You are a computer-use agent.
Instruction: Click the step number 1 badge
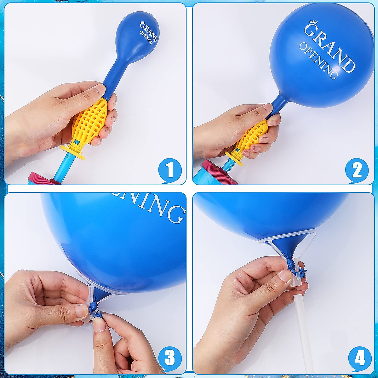pos(170,170)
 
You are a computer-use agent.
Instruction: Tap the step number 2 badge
pos(357,170)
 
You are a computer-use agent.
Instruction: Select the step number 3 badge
pos(170,358)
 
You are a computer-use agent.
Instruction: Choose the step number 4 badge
pos(360,358)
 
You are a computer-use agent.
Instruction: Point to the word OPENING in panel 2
pos(318,61)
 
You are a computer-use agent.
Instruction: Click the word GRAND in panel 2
pos(329,47)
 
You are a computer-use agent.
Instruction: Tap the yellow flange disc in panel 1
pos(73,152)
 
